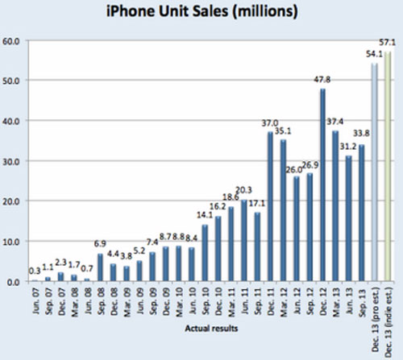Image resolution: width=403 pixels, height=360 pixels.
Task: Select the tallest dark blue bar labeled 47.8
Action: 322,185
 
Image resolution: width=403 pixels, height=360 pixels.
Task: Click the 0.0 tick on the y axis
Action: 15,282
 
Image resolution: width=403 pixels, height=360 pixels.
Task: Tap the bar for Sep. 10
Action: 205,254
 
